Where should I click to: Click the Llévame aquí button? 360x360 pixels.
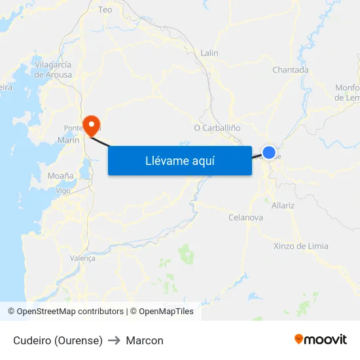click(x=179, y=160)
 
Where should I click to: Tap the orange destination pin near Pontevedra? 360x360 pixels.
click(x=91, y=122)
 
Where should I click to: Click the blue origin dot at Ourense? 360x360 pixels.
click(x=268, y=152)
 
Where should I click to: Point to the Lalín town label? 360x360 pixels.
click(x=209, y=53)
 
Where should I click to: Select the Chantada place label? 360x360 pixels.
click(x=290, y=70)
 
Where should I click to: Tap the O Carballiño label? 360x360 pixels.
click(x=217, y=127)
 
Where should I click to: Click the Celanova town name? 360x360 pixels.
click(x=245, y=217)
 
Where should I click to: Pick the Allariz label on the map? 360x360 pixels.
click(x=283, y=205)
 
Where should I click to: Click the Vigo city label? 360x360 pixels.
click(x=63, y=190)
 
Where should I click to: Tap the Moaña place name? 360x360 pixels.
click(x=60, y=175)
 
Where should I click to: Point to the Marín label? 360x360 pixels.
click(x=68, y=140)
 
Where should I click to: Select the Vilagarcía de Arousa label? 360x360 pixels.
click(x=54, y=69)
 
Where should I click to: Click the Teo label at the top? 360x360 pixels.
click(x=105, y=10)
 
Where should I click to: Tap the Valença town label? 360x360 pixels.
click(x=82, y=258)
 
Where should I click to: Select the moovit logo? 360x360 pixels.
click(x=321, y=340)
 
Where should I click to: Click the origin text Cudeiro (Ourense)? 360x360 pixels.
click(x=58, y=340)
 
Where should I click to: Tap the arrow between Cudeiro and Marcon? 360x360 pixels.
click(x=114, y=340)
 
